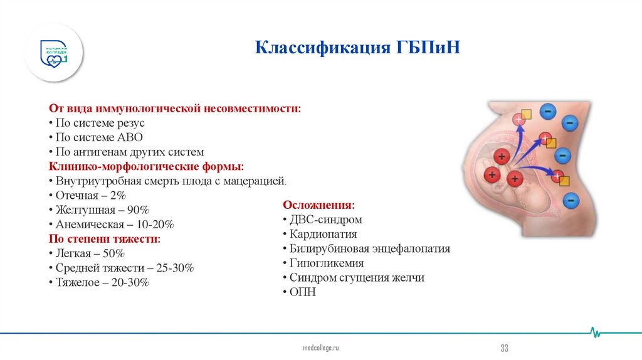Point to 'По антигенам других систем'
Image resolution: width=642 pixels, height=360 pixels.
click(x=129, y=152)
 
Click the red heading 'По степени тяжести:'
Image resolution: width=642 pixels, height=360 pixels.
click(x=105, y=239)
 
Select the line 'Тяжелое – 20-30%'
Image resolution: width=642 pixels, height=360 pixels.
click(x=101, y=282)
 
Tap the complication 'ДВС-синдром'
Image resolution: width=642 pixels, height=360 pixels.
click(x=325, y=220)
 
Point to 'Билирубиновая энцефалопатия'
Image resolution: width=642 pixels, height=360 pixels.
click(x=369, y=248)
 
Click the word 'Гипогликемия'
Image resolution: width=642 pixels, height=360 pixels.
click(x=326, y=263)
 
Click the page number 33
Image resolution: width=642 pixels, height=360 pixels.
click(x=503, y=349)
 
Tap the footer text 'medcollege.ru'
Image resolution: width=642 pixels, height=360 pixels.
click(x=320, y=347)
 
